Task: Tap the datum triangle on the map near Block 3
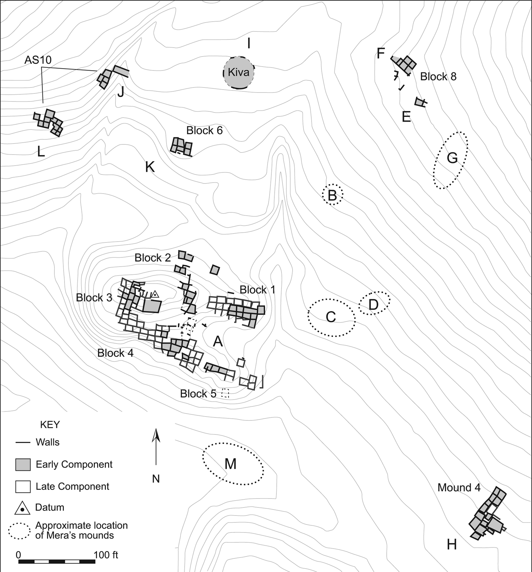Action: [155, 294]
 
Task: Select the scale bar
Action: [57, 561]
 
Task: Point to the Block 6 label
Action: [204, 130]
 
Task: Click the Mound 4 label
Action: [459, 488]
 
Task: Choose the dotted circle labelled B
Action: [332, 195]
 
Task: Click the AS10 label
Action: [38, 60]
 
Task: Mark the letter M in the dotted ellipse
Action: [230, 464]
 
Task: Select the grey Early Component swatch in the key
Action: [23, 465]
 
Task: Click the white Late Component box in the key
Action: [23, 487]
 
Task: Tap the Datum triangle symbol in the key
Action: [23, 508]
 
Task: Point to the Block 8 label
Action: [438, 76]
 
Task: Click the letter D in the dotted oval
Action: [374, 304]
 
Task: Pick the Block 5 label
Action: [198, 394]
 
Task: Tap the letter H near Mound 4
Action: [452, 545]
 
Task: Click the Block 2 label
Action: [153, 258]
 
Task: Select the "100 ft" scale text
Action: [106, 555]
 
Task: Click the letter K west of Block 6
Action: [150, 167]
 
